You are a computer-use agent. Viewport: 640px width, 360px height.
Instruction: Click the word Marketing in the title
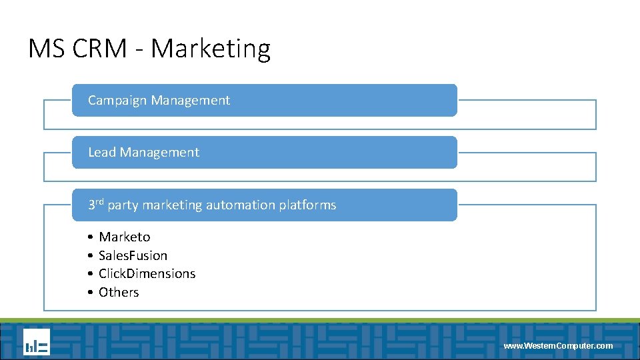211,49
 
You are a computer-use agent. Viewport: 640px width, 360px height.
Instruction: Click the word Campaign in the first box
117,101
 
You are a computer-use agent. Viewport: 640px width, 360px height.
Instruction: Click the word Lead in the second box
102,152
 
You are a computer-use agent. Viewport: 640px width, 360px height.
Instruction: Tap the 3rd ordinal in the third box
96,204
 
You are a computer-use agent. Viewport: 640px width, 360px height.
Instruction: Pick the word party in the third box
123,205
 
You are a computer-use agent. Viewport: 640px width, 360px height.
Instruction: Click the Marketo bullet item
125,237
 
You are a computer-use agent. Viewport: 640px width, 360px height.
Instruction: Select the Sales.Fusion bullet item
133,255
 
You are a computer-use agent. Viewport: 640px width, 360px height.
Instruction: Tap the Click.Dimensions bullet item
147,273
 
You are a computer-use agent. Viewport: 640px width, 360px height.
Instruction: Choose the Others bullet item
119,292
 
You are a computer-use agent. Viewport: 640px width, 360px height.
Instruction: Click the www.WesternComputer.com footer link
558,346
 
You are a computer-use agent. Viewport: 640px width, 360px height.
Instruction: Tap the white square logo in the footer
37,342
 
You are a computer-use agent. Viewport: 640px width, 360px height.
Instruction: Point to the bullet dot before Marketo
89,237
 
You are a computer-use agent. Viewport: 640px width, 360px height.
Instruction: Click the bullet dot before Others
89,293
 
